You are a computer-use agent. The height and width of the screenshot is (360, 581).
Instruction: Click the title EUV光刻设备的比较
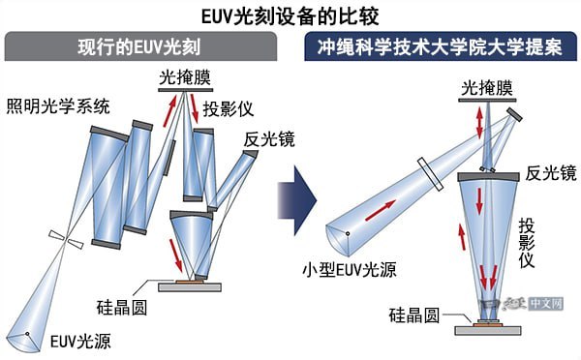[x=290, y=15]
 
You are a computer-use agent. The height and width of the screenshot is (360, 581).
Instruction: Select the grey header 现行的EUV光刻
[x=145, y=45]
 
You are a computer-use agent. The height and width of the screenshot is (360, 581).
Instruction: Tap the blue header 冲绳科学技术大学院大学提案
[x=440, y=45]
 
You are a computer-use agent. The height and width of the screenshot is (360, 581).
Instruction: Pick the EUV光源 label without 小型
[x=70, y=341]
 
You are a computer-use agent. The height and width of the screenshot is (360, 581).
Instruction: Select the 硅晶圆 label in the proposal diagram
[x=413, y=315]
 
